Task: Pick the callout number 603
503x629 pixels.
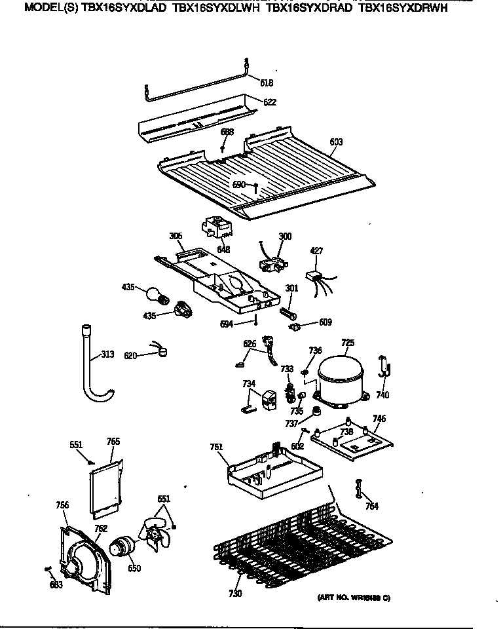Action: (336, 142)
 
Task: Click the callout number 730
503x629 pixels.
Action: (235, 594)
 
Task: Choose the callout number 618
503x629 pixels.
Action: (266, 83)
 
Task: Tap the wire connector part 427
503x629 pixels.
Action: (316, 276)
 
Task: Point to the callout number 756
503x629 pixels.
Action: (62, 505)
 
